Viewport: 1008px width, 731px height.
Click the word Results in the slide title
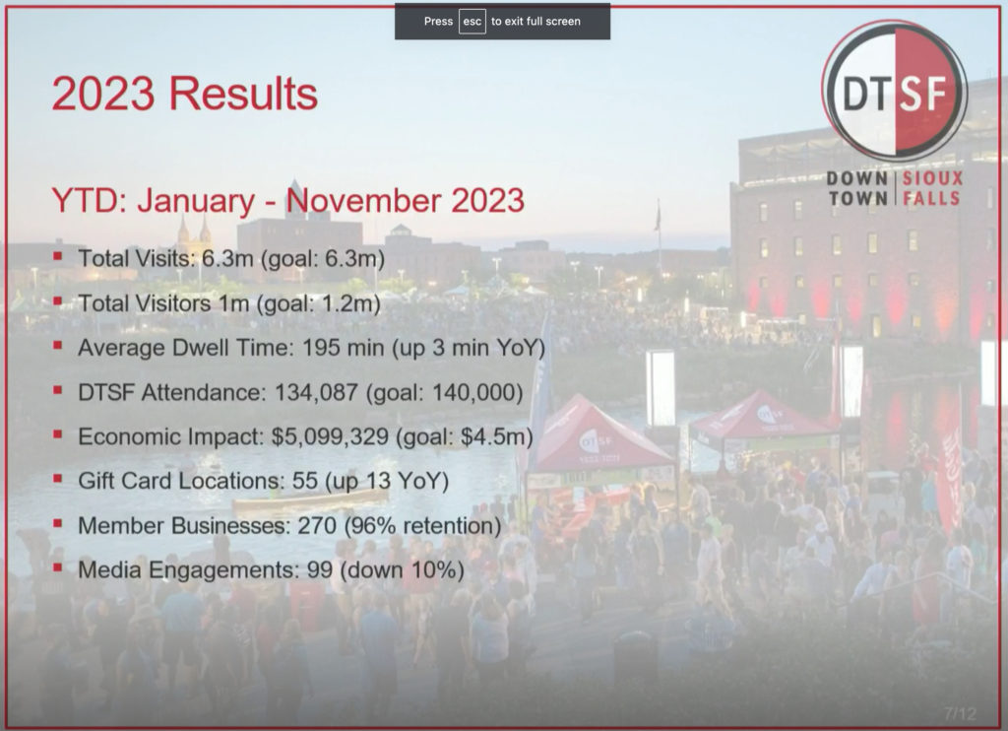click(243, 94)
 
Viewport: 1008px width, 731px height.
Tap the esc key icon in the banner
click(472, 22)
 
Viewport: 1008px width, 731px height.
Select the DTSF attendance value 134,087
click(316, 392)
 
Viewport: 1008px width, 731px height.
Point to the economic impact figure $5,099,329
click(330, 437)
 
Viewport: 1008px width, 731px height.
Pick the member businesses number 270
click(317, 526)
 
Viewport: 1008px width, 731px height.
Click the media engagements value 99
click(320, 570)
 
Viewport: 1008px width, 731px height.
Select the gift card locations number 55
click(305, 482)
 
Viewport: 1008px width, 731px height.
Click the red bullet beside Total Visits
click(58, 256)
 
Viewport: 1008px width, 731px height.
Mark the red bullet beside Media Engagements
click(58, 567)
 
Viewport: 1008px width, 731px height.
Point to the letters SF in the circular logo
click(924, 95)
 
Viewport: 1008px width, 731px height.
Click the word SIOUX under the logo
click(933, 178)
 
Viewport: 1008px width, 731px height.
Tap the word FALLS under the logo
click(931, 198)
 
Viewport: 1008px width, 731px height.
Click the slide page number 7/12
click(960, 713)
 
